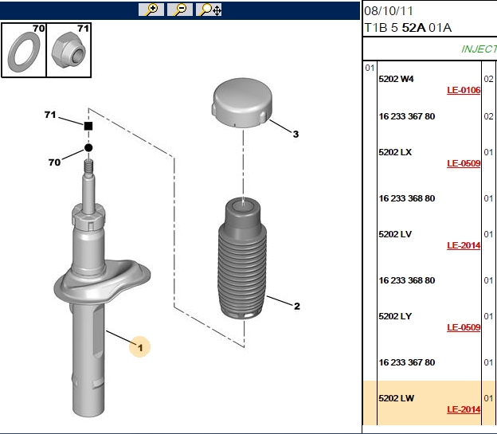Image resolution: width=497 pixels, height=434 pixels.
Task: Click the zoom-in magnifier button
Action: coord(151,10)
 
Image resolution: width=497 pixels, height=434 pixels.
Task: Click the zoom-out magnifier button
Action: coord(180,10)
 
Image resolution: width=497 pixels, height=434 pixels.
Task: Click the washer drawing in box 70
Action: coord(24,52)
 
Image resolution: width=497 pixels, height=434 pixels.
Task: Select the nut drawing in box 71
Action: coord(68,49)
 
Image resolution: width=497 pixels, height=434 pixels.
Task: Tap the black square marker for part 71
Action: coord(88,126)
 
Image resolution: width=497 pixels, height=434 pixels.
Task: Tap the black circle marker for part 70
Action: coord(88,148)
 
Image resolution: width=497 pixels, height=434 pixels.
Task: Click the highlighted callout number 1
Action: coord(140,348)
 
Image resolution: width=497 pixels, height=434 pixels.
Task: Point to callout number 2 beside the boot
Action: coord(296,307)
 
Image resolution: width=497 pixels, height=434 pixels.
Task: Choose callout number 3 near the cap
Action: coord(295,134)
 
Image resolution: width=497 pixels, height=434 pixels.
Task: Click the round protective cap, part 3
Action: coord(242,103)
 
